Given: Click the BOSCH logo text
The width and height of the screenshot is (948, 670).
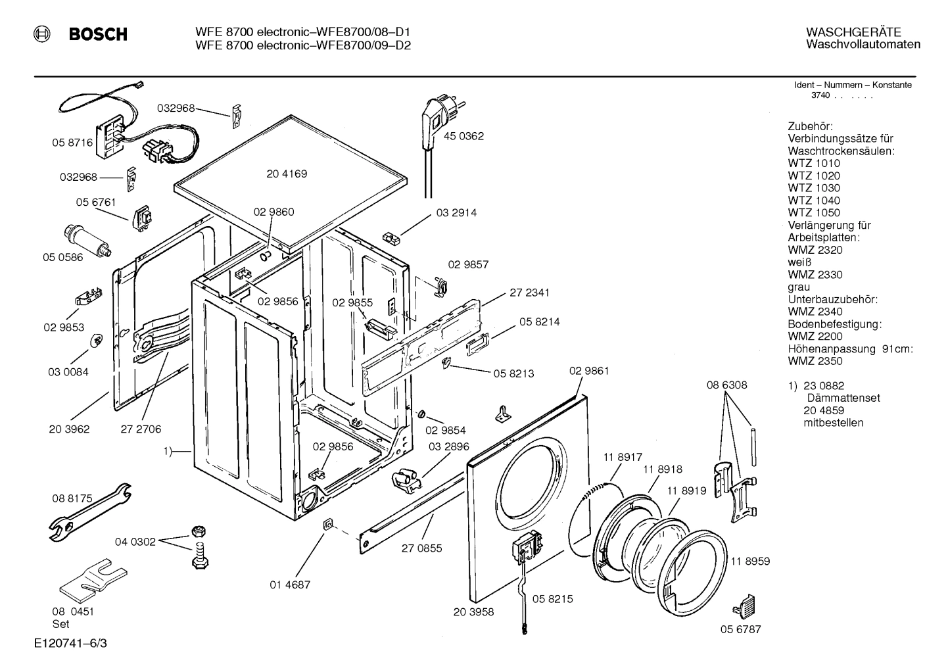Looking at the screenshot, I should (x=98, y=35).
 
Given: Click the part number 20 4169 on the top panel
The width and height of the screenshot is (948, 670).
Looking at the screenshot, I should (x=287, y=174).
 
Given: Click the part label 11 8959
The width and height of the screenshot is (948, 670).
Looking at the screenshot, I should (x=749, y=562).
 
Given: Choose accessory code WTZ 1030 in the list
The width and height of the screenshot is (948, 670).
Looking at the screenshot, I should (x=813, y=188).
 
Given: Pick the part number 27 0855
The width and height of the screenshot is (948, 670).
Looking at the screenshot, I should (x=421, y=548).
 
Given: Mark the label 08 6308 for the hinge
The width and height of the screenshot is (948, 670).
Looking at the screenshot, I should (x=726, y=385).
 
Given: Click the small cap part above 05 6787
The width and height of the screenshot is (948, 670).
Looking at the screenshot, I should (x=746, y=600).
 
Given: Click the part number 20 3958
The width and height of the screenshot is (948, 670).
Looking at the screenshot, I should (x=473, y=611).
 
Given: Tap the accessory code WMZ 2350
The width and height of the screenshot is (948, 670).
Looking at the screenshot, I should (x=815, y=361).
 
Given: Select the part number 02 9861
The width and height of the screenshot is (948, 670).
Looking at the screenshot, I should (x=588, y=371).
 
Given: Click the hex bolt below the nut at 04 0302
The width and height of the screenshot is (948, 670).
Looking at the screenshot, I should (x=199, y=556).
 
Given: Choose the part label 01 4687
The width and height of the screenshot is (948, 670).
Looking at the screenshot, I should (x=290, y=584).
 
